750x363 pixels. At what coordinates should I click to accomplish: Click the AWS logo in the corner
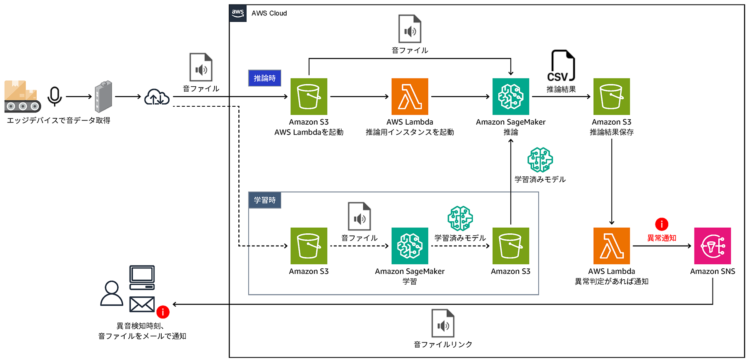pos(238,13)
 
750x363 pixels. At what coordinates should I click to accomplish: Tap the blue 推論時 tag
pos(265,78)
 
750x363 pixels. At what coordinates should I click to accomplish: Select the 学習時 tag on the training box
pos(265,200)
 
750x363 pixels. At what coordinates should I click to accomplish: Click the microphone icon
pos(55,96)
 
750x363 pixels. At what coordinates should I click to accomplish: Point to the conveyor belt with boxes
pos(22,97)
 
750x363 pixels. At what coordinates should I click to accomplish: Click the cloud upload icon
pos(157,97)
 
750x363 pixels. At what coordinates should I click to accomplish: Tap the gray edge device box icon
pos(103,97)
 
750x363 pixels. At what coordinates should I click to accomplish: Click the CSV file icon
pos(561,66)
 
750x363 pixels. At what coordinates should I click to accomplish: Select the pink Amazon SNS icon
pos(712,246)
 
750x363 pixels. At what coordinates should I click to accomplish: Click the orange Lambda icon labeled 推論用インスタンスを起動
pos(410,97)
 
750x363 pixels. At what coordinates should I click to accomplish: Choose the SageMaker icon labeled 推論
pos(510,97)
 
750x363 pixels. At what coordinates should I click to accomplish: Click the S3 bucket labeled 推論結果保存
pos(611,97)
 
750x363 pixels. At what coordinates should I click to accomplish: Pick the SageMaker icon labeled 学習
pos(410,246)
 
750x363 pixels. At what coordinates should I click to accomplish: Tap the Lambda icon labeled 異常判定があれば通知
pos(611,246)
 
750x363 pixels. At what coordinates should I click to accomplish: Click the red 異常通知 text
pos(662,238)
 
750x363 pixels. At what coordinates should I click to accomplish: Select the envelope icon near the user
pos(142,304)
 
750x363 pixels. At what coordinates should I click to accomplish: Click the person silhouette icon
pos(112,293)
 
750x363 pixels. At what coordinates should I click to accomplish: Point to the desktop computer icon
pos(142,277)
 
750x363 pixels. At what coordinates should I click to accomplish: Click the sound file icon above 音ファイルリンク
pos(442,323)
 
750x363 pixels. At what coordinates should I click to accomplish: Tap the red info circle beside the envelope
pos(163,312)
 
